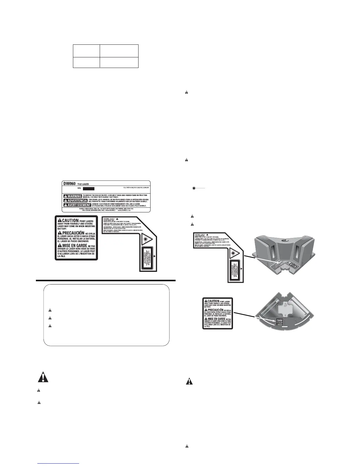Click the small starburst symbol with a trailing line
pos(194,187)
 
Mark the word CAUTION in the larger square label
pos(68,220)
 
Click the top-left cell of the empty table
pos(86,51)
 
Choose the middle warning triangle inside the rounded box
pos(50,318)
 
